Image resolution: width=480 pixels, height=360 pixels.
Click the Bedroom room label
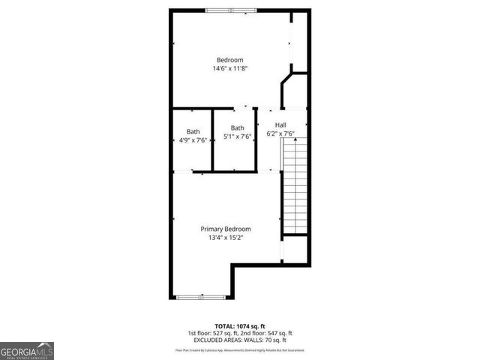229,60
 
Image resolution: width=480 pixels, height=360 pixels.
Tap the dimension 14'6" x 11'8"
229,68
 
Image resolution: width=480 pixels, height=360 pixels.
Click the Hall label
280,125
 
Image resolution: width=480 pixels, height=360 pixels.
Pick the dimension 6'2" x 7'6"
280,134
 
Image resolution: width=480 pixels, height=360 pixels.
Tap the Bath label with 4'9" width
193,131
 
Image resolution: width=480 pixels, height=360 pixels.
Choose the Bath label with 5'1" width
237,127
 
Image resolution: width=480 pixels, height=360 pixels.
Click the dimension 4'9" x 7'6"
193,140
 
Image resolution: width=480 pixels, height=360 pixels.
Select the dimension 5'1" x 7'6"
237,136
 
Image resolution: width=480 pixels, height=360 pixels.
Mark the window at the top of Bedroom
230,10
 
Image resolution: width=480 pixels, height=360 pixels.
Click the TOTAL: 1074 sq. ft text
240,325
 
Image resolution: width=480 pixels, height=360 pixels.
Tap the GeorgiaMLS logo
27,350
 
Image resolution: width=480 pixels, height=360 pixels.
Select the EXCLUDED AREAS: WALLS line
240,340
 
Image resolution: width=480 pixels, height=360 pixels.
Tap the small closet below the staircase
295,249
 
